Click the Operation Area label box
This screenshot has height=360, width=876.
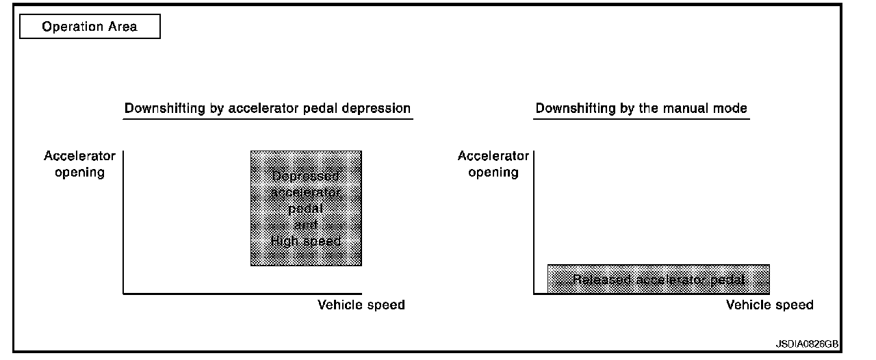click(90, 27)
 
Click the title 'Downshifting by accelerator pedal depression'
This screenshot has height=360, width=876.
click(268, 108)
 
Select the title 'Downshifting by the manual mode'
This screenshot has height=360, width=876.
click(641, 108)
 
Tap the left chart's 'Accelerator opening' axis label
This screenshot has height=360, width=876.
click(80, 164)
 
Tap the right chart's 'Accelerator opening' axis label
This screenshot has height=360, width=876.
click(493, 164)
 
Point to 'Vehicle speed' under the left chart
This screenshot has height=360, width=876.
click(361, 305)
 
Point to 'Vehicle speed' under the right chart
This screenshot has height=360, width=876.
click(770, 305)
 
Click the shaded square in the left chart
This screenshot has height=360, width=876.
click(306, 208)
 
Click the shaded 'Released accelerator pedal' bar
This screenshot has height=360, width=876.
click(658, 279)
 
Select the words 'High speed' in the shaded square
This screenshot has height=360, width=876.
click(306, 241)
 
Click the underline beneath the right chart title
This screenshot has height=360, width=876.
click(641, 119)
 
